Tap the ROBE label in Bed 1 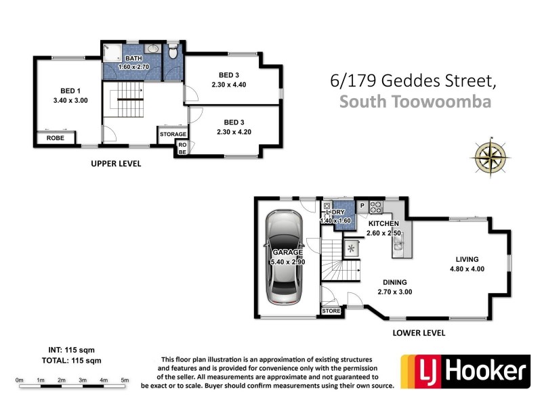[x=56, y=138]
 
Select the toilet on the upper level [x=174, y=51]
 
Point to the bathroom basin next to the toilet [x=153, y=49]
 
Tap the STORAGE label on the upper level [x=173, y=134]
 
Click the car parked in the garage [x=285, y=258]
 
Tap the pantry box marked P [x=362, y=205]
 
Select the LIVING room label [x=467, y=259]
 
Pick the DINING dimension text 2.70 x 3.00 [x=394, y=292]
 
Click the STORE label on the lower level [x=331, y=311]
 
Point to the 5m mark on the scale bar [x=125, y=380]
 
